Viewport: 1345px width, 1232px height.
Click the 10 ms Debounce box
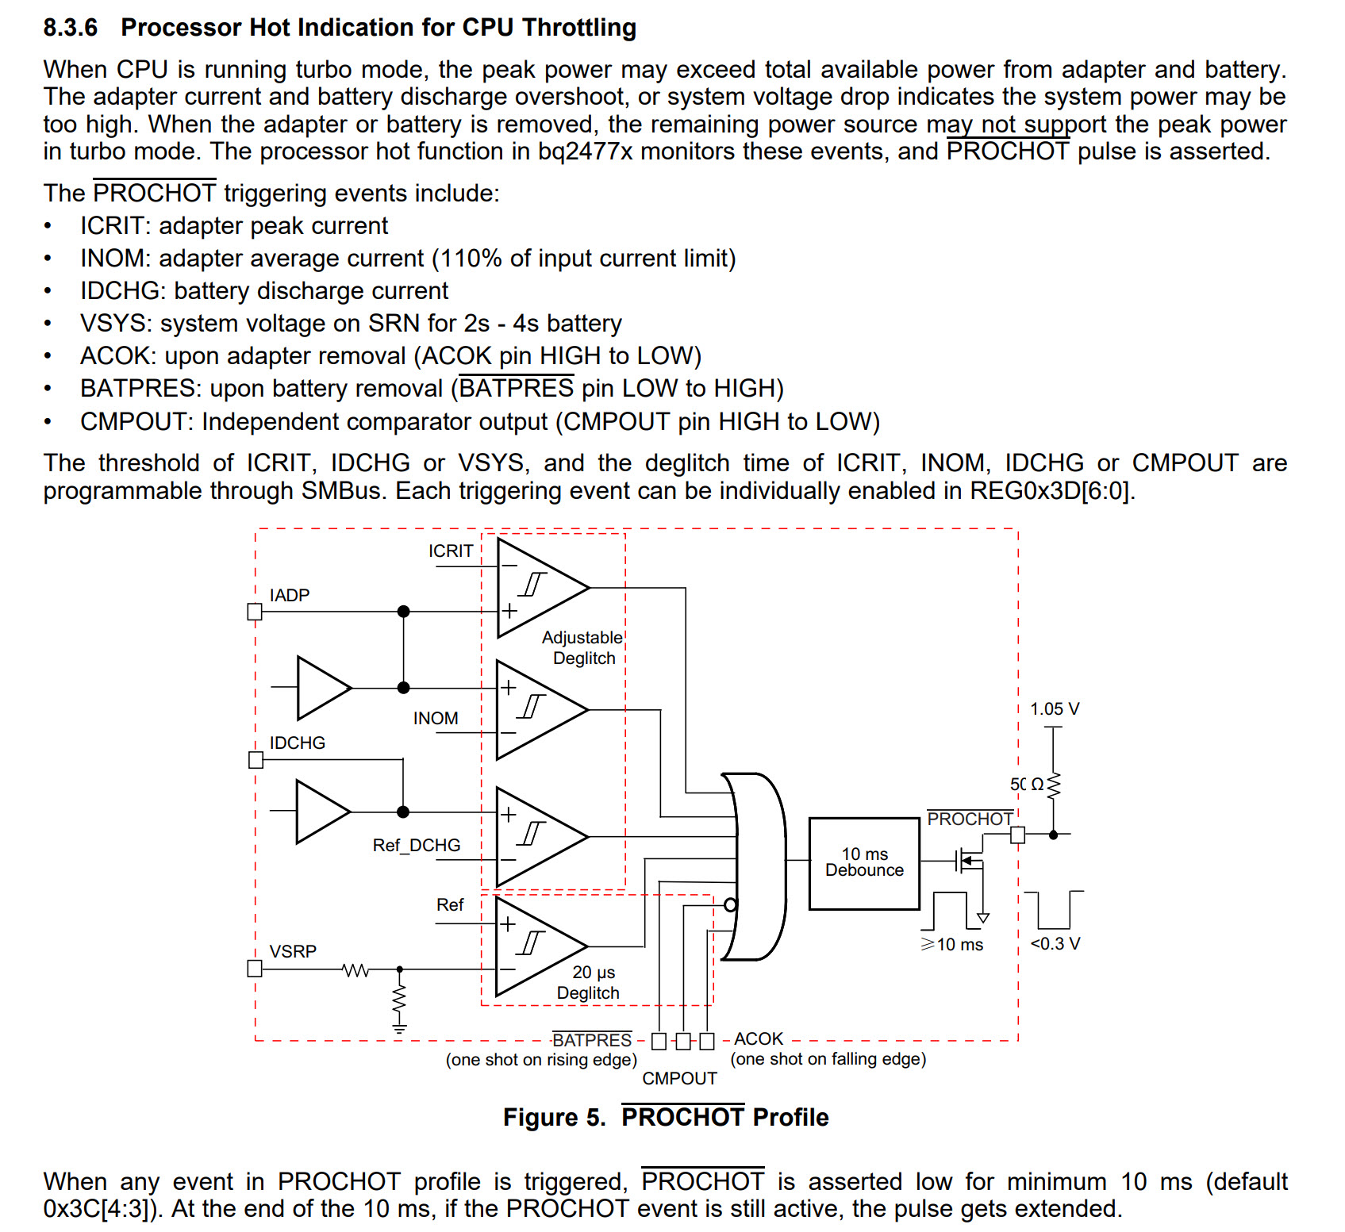point(864,863)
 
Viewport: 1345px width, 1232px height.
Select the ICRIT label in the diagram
point(451,551)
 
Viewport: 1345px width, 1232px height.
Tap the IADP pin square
point(255,612)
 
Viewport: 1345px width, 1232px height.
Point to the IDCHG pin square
point(256,760)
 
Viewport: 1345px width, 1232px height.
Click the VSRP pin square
point(255,969)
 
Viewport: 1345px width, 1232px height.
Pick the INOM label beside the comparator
point(436,718)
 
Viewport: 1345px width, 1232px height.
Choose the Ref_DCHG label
point(417,846)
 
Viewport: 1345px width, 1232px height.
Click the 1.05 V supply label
point(1055,709)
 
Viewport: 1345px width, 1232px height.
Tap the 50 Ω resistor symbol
point(1054,785)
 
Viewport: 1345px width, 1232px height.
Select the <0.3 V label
point(1055,943)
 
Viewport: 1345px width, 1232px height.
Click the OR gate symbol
point(754,866)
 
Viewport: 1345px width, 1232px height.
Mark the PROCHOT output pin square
point(1018,835)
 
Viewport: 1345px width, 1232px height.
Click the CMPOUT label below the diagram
point(679,1078)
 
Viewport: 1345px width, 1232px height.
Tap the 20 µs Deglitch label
point(589,982)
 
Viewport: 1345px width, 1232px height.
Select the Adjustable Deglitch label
point(582,647)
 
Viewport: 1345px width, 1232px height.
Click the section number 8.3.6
point(71,28)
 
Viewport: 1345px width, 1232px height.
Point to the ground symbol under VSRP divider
point(399,1030)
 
